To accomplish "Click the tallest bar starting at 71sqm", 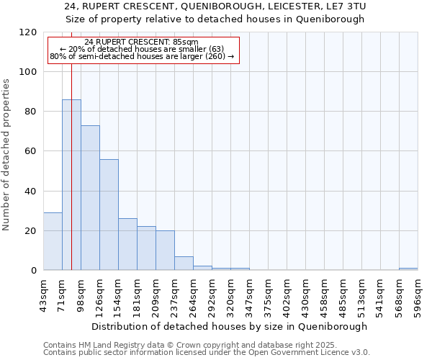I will click(71, 185).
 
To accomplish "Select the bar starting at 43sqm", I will click(53, 241).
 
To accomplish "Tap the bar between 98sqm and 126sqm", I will click(90, 198).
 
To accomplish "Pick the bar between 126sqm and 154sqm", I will click(109, 215).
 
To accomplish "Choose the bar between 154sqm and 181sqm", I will click(127, 244).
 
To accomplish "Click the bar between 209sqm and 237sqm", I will click(165, 251).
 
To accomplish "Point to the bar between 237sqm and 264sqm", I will click(184, 264).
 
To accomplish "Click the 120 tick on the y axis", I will click(28, 32).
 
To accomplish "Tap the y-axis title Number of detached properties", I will click(7, 155).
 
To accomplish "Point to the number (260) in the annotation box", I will click(217, 55).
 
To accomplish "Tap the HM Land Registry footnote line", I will click(185, 345).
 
